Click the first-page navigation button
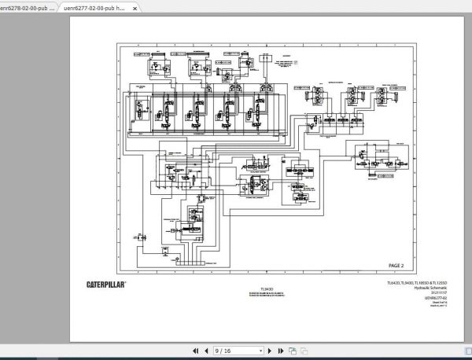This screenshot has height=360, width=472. click(196, 351)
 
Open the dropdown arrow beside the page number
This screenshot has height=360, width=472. click(259, 351)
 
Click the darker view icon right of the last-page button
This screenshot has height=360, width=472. click(291, 351)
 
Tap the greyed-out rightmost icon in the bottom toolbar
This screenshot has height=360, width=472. click(301, 351)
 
